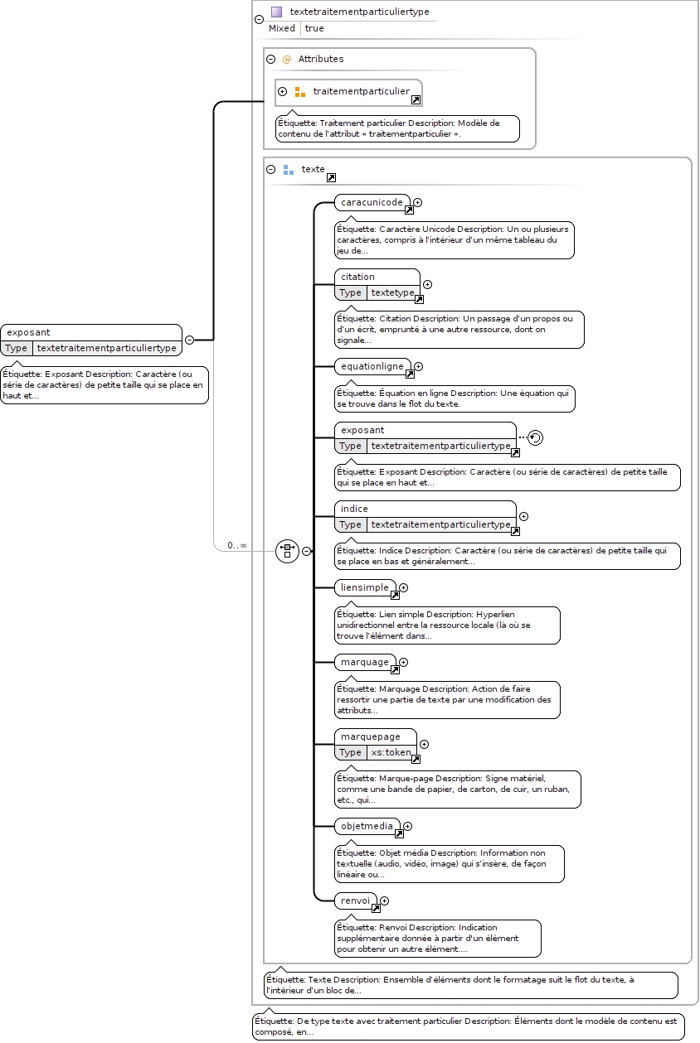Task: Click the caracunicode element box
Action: (x=372, y=202)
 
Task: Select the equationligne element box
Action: (x=373, y=366)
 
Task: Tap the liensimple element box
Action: (x=366, y=587)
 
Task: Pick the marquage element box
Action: (x=366, y=662)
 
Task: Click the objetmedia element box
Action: (x=367, y=826)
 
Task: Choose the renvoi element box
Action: (x=356, y=901)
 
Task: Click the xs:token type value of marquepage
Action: (x=391, y=752)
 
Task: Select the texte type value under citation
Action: (x=392, y=292)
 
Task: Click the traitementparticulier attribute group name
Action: (x=361, y=91)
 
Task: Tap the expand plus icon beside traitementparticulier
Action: (x=283, y=91)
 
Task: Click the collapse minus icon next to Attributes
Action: (x=270, y=59)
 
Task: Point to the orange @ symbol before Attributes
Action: (x=287, y=59)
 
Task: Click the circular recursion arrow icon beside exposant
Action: (x=536, y=437)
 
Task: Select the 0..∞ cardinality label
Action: (x=236, y=545)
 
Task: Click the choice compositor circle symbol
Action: (x=287, y=551)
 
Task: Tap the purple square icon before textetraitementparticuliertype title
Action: (x=277, y=12)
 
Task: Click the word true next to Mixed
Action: (x=314, y=28)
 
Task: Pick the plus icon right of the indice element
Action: (x=524, y=516)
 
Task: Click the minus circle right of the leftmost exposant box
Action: (x=189, y=340)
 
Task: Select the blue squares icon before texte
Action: (x=289, y=170)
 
